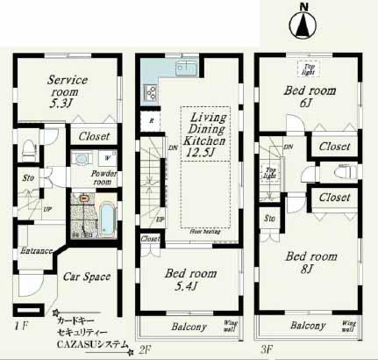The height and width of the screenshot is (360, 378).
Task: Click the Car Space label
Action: click(86, 277)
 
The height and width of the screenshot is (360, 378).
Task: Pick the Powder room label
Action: click(106, 178)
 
